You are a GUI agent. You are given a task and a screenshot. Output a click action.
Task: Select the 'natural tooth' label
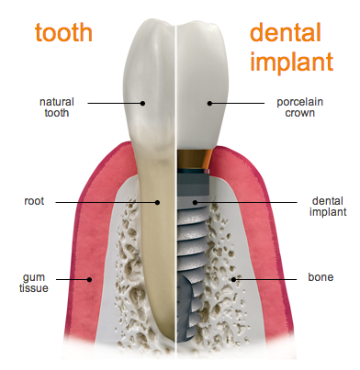pos(57,107)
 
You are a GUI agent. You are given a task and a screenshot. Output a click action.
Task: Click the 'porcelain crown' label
pos(297,107)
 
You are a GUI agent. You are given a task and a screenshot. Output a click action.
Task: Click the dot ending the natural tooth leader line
pos(142,103)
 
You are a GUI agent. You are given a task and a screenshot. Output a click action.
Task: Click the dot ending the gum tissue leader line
pos(88,278)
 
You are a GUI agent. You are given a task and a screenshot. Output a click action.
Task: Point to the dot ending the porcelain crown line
pos(209,103)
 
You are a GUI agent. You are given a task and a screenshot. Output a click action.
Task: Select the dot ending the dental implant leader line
pos(195,201)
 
